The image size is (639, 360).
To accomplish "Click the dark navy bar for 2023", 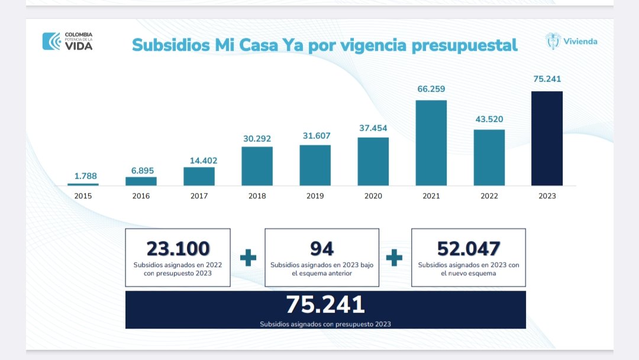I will point(547,138).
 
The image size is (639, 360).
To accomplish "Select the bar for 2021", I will point(431,143).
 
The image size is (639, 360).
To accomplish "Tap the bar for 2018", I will point(257,166).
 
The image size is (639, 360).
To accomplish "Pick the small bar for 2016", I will point(141,181).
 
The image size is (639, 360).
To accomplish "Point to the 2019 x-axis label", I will point(315,196).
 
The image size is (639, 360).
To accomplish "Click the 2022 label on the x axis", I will point(489,196).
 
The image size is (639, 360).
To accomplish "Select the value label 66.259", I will point(431,89).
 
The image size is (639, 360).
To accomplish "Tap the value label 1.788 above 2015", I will point(85,176).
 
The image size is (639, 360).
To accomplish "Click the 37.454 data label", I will point(373,127).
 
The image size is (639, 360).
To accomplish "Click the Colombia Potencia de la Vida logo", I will point(67,41).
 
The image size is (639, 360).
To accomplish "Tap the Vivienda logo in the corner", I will point(571,41).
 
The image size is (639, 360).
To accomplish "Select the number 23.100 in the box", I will point(178,248).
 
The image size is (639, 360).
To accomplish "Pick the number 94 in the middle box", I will point(322,248).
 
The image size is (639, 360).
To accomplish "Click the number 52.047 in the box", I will point(469,248).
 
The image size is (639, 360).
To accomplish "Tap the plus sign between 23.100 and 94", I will point(248,258).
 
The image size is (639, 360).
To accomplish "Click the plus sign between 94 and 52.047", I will point(394,258).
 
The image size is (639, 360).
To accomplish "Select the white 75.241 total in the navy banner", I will point(325,304).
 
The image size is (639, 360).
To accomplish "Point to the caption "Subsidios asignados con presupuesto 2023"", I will point(325,324).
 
